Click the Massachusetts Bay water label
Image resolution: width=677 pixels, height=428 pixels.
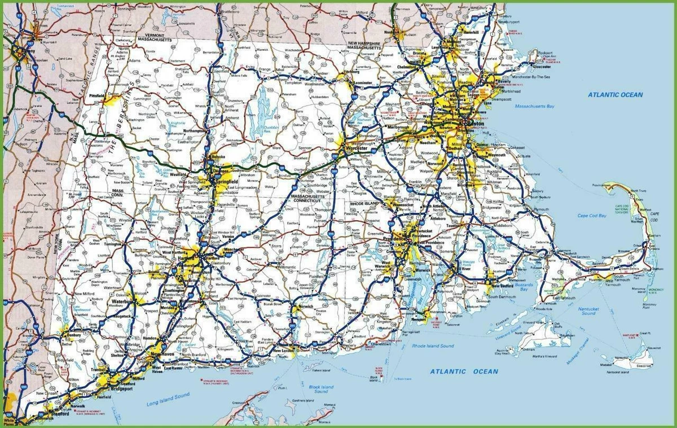[x=534, y=106]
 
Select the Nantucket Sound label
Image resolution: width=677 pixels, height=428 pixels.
[x=588, y=311]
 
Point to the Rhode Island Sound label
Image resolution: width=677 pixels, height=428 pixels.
[x=433, y=346]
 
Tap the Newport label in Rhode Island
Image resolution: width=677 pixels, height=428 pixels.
[x=417, y=319]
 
